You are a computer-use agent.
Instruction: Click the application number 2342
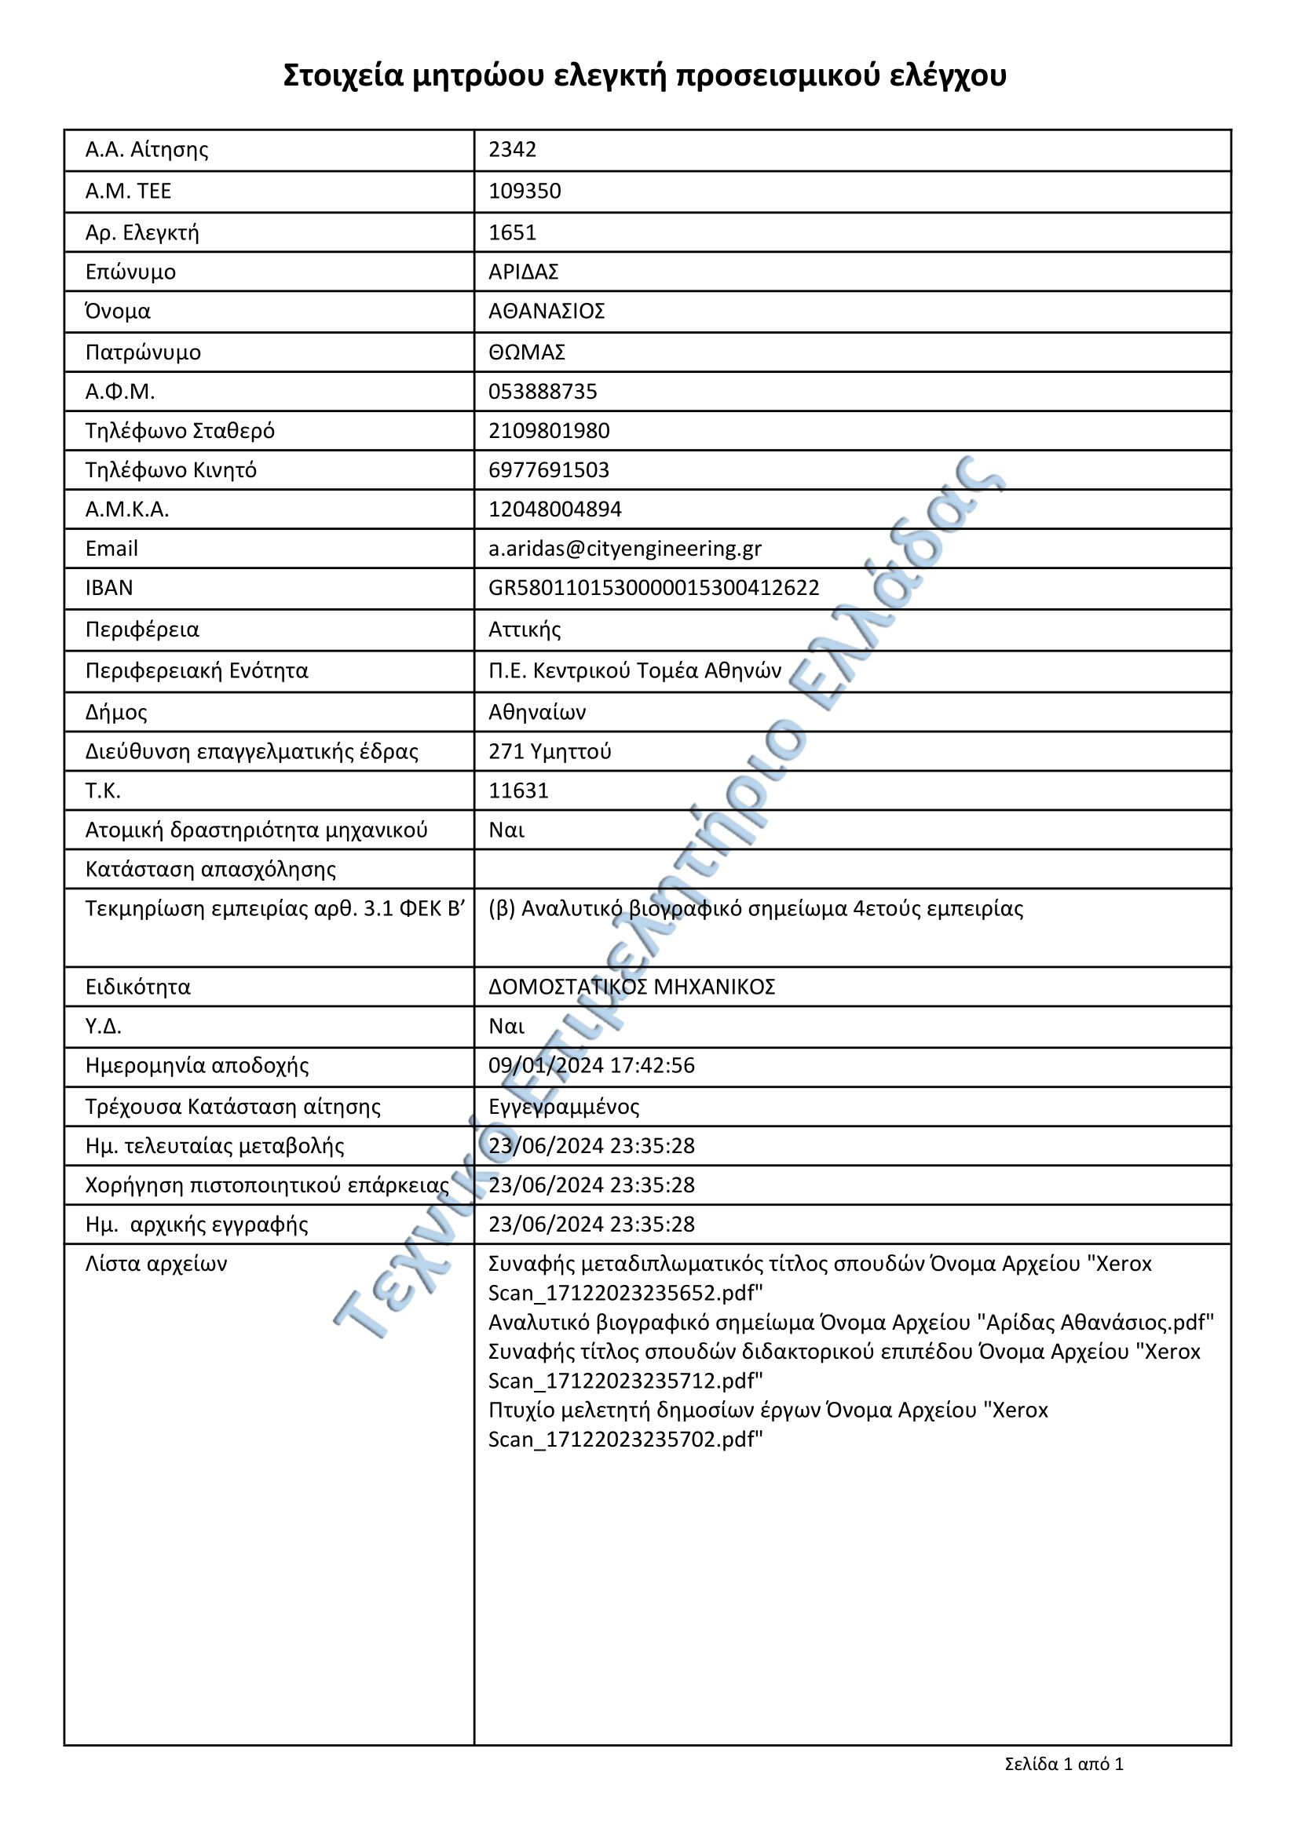click(512, 150)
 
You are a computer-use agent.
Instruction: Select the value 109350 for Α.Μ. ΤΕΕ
click(525, 191)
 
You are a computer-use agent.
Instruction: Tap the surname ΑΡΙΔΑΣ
click(523, 272)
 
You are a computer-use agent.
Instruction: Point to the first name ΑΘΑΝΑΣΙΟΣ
click(547, 311)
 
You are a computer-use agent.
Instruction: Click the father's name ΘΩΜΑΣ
click(526, 352)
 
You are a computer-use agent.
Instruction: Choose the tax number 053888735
click(543, 391)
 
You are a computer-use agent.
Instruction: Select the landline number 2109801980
click(549, 430)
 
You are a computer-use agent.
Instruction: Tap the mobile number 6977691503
click(549, 469)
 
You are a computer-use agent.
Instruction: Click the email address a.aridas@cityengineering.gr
click(624, 549)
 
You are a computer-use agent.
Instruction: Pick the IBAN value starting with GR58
click(653, 588)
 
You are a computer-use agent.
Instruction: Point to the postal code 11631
click(518, 791)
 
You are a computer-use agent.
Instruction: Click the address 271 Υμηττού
click(550, 752)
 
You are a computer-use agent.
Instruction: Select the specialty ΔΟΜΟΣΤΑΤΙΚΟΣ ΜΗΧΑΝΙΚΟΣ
click(632, 987)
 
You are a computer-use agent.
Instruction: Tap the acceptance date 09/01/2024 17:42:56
click(591, 1065)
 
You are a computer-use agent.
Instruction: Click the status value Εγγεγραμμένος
click(564, 1107)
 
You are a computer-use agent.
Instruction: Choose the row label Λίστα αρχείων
click(156, 1264)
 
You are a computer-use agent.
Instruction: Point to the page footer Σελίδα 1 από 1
click(1063, 1763)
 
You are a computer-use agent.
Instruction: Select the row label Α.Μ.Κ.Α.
click(127, 509)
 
